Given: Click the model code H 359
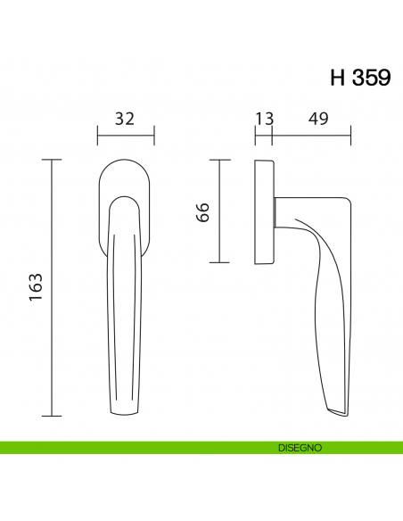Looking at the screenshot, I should [359, 78].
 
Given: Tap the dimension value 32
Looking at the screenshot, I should [125, 119].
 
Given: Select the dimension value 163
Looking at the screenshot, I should [37, 288].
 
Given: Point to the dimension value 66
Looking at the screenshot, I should [202, 212].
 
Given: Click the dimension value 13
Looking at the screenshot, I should [264, 119].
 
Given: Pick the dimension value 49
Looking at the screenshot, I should [312, 119].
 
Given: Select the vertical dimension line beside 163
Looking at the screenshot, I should [53, 288].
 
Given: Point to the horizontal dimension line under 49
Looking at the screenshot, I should [312, 135].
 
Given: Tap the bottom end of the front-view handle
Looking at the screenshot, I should [125, 414].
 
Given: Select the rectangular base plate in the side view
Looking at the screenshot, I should [264, 212].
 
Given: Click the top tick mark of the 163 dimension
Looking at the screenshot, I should [53, 160].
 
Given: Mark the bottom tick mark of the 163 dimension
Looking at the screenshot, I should [53, 417].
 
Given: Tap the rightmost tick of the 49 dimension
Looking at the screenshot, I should [350, 135].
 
